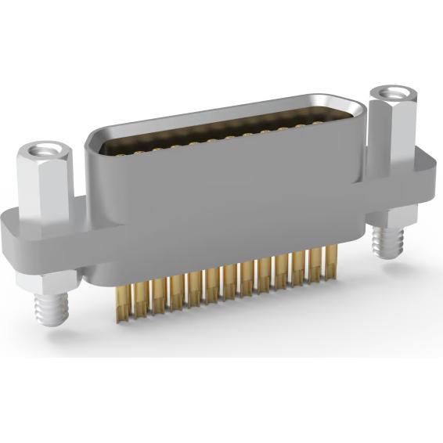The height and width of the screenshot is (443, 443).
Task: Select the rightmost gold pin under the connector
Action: click(x=333, y=261)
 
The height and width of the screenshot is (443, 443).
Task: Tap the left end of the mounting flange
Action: click(x=12, y=235)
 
